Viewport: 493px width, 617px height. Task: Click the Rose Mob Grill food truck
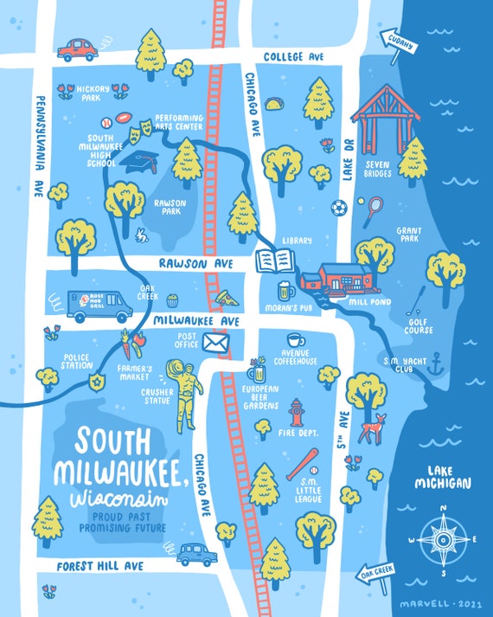tap(99, 305)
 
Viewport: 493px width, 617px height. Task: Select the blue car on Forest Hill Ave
tap(197, 553)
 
